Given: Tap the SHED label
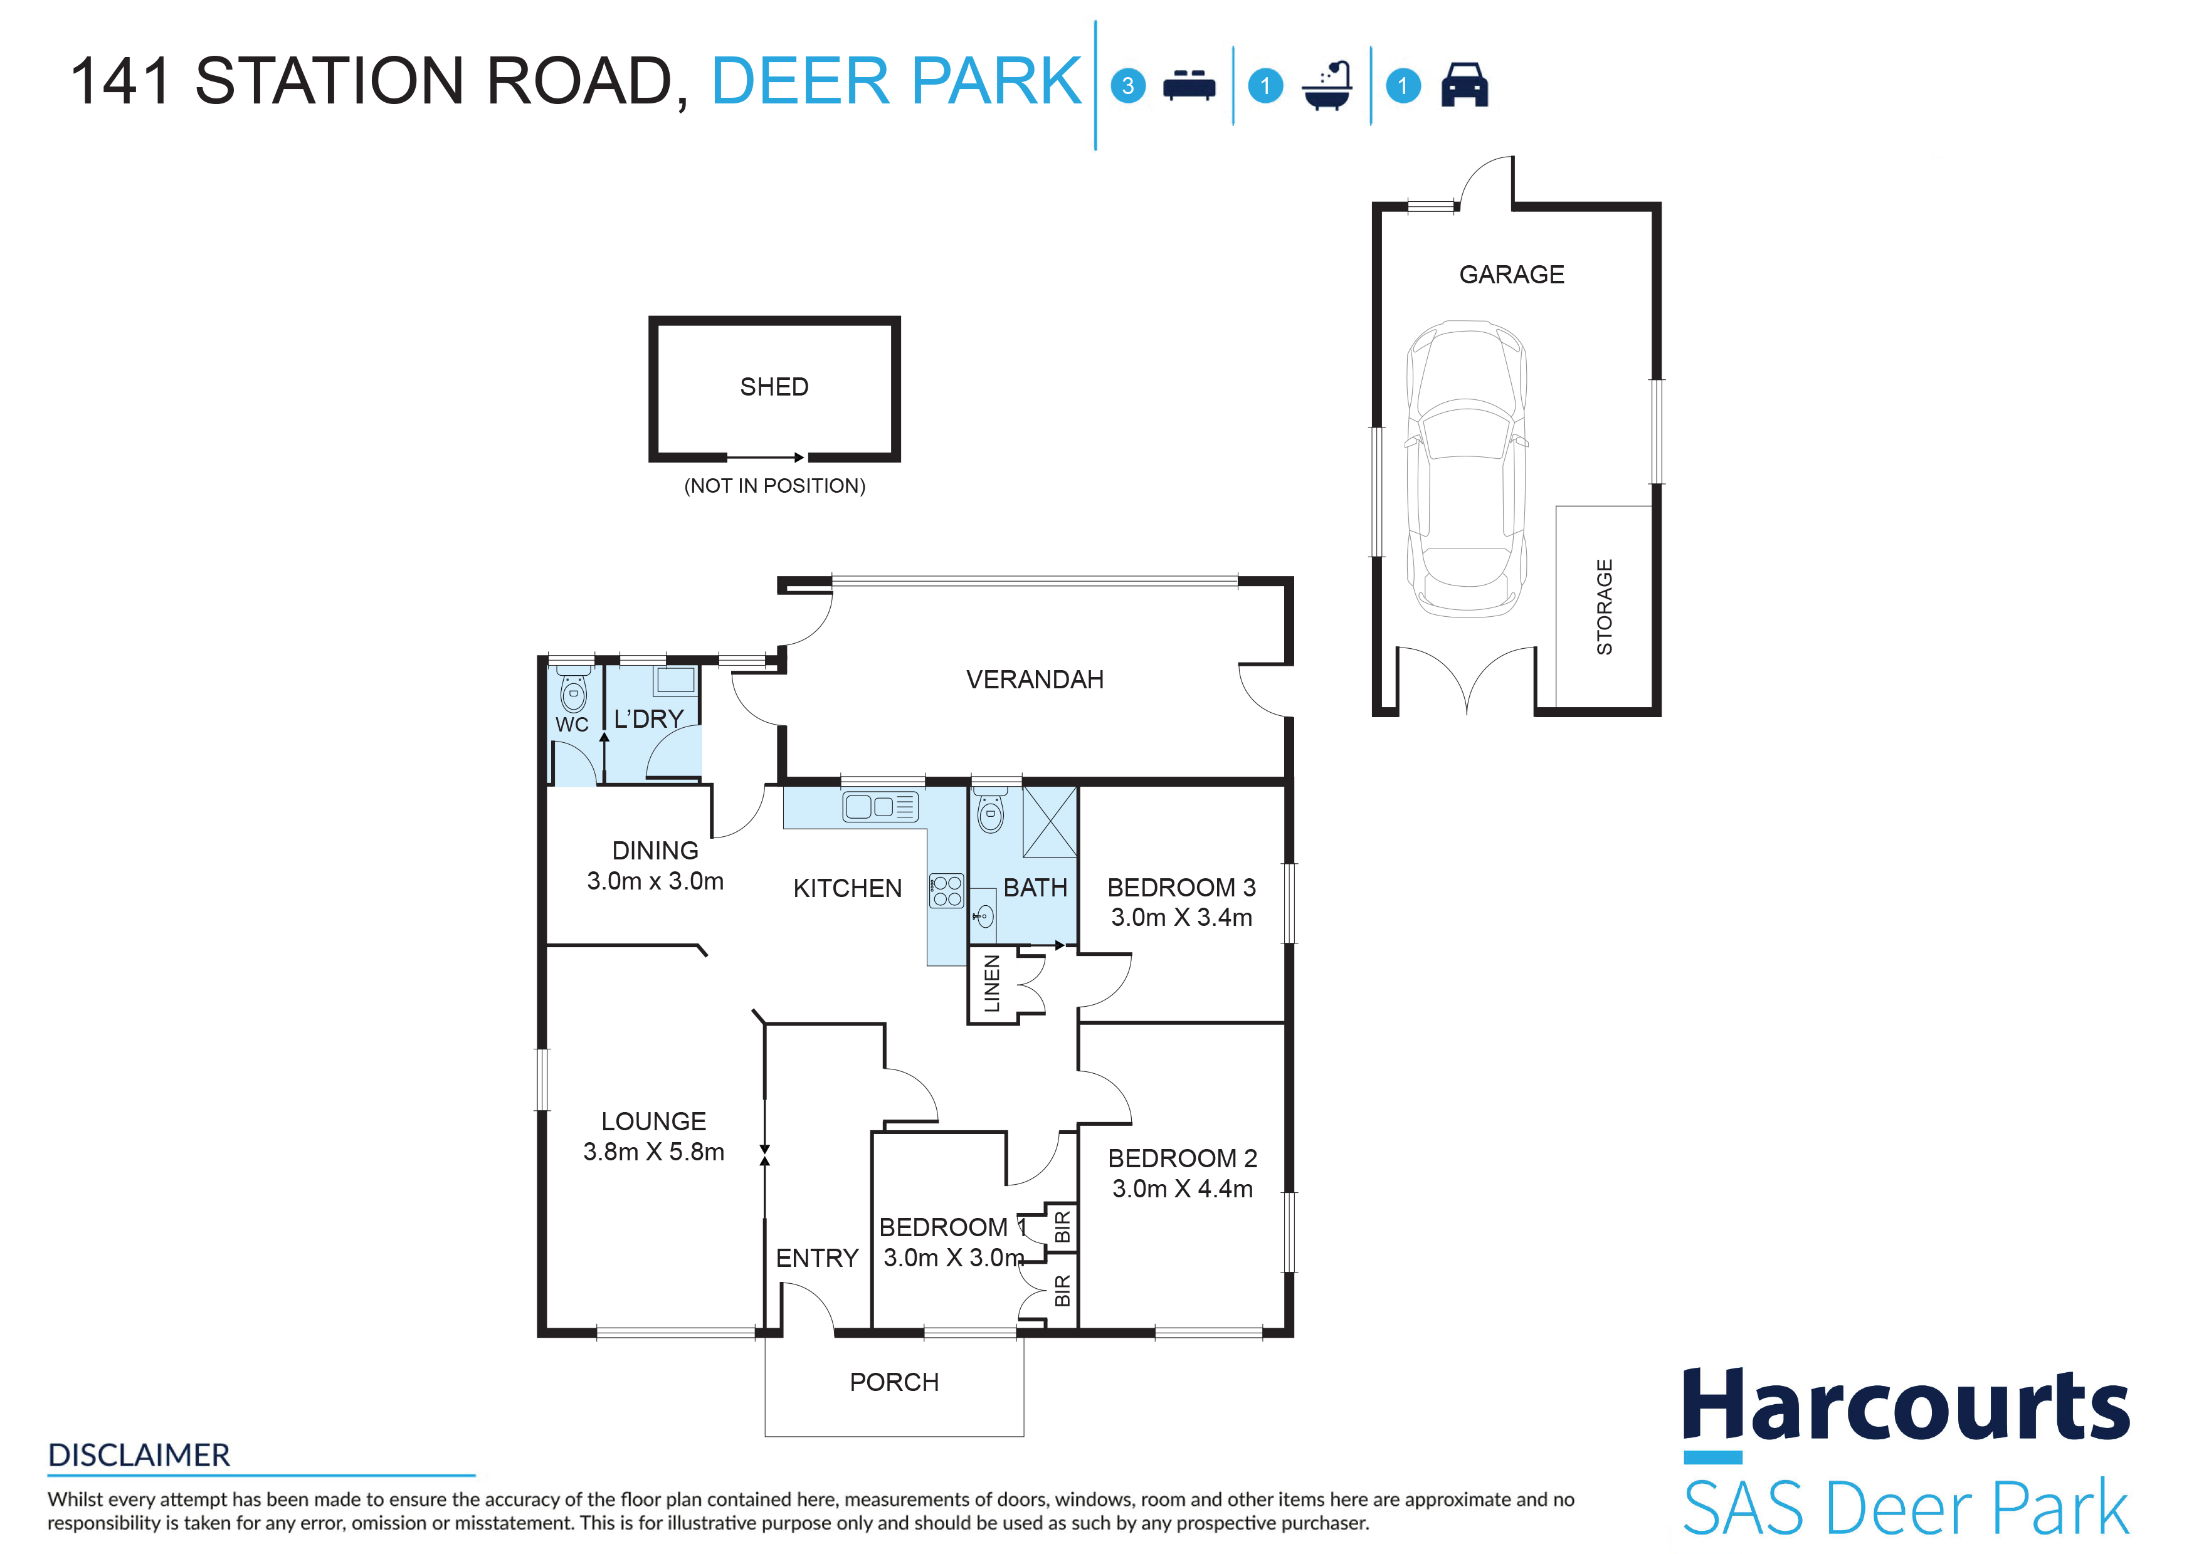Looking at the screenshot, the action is click(x=774, y=387).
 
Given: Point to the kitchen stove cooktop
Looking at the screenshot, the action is click(x=946, y=890).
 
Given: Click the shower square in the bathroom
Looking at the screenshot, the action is click(x=1050, y=822).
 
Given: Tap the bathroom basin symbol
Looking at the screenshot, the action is click(x=984, y=917).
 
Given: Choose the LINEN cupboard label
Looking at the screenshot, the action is click(x=992, y=984).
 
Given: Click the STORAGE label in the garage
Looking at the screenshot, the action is click(x=1604, y=607).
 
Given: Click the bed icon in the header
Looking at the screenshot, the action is click(x=1189, y=85).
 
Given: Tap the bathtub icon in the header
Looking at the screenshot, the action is click(x=1327, y=86).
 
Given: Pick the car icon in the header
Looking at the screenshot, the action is click(x=1464, y=85).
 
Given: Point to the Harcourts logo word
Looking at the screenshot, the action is click(x=1906, y=1405).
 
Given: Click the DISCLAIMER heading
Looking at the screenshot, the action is click(x=139, y=1456).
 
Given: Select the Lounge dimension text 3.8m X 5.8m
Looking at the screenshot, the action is click(x=653, y=1152).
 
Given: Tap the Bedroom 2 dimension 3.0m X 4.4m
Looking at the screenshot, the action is click(x=1182, y=1189).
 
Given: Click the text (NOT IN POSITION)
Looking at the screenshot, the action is click(x=775, y=486).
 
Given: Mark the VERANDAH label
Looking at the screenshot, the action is click(x=1035, y=680).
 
